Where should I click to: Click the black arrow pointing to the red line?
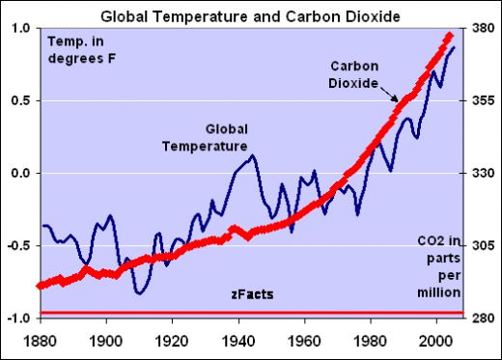tap(392, 97)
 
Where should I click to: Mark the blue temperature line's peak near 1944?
tap(252, 154)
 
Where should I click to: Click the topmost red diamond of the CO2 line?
tap(449, 37)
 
